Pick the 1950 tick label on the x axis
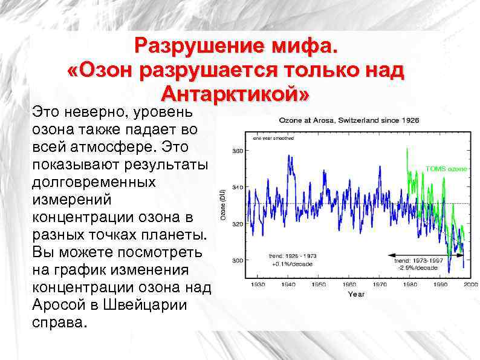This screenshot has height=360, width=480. tap(318, 284)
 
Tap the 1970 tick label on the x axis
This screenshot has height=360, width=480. tap(380, 284)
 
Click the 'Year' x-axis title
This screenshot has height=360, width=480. tap(356, 293)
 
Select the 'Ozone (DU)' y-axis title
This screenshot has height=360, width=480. tap(222, 206)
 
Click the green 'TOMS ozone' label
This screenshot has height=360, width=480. tap(446, 169)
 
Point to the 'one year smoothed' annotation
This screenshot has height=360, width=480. tap(273, 138)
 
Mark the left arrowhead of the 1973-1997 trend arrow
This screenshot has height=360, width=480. tap(391, 255)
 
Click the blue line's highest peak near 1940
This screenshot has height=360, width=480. tap(290, 155)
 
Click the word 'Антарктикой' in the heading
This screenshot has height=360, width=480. tap(235, 94)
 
